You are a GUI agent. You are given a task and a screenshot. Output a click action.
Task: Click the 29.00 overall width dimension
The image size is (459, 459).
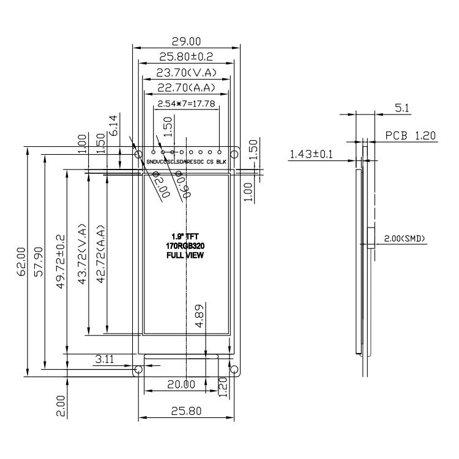(186, 42)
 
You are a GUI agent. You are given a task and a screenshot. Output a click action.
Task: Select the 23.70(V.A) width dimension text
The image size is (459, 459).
(186, 73)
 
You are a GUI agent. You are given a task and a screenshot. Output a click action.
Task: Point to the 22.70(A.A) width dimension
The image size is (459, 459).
(186, 88)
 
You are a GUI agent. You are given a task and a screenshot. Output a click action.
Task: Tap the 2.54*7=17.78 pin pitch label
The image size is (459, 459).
(186, 103)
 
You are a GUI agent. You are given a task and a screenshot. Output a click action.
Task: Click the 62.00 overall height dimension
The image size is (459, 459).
(21, 260)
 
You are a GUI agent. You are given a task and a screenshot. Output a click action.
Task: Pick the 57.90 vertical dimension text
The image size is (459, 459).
(39, 260)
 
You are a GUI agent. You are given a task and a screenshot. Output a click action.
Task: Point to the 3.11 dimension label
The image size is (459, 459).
(105, 359)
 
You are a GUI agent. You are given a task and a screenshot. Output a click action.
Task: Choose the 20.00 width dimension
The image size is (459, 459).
(181, 384)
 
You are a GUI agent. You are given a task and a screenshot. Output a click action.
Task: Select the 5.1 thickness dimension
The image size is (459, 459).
(402, 108)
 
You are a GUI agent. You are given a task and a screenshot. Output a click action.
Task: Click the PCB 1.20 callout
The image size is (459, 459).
(410, 135)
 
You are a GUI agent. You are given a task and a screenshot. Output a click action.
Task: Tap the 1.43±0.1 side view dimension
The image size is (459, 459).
(311, 155)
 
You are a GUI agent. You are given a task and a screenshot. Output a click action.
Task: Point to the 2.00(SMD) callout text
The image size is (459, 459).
(405, 239)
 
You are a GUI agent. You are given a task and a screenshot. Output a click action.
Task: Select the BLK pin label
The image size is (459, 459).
(221, 162)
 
